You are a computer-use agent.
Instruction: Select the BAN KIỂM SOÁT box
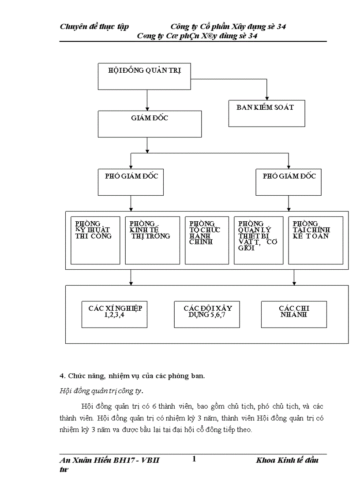pyautogui.click(x=266, y=113)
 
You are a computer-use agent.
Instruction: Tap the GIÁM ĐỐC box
pyautogui.click(x=150, y=124)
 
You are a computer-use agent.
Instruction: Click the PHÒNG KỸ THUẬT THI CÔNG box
pyautogui.click(x=95, y=240)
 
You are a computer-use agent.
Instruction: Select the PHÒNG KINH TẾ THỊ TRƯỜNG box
pyautogui.click(x=150, y=240)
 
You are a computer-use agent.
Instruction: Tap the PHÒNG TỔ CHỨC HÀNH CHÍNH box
pyautogui.click(x=204, y=240)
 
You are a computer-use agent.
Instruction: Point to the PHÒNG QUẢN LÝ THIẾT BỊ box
pyautogui.click(x=259, y=240)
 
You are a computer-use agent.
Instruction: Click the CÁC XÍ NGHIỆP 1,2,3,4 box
pyautogui.click(x=115, y=314)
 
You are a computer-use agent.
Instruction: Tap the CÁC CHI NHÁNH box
pyautogui.click(x=294, y=314)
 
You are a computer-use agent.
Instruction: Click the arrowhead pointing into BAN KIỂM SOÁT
pyautogui.click(x=266, y=98)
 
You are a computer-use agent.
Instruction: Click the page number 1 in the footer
pyautogui.click(x=194, y=459)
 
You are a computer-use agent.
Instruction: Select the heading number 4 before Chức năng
pyautogui.click(x=61, y=376)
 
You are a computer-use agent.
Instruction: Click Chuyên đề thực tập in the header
pyautogui.click(x=94, y=27)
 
